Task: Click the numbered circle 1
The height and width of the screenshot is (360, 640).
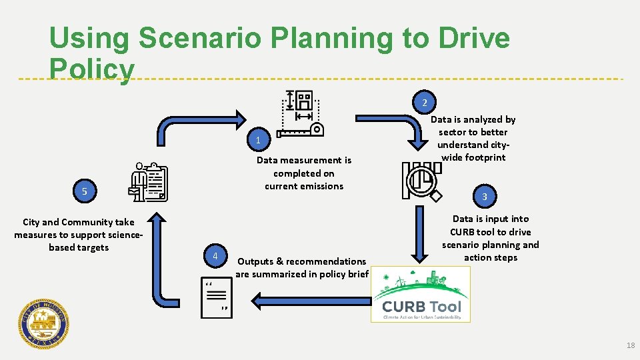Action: tap(257, 140)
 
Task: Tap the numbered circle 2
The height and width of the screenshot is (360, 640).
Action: tap(424, 103)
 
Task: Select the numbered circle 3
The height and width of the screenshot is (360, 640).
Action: tap(485, 197)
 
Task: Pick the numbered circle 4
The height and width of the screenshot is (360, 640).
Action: tap(215, 257)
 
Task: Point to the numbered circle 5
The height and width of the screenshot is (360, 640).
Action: tap(85, 192)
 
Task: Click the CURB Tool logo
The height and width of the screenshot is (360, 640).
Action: tap(421, 295)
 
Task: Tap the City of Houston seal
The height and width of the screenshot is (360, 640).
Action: tap(43, 323)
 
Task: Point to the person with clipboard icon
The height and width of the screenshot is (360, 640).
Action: tap(149, 181)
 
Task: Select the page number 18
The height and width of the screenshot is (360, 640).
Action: tap(631, 345)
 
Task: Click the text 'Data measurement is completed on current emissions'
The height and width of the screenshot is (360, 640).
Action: tap(304, 173)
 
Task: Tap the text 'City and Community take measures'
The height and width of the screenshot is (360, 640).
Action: tap(79, 235)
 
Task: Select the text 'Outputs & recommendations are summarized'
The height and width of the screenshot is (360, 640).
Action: tap(302, 267)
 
